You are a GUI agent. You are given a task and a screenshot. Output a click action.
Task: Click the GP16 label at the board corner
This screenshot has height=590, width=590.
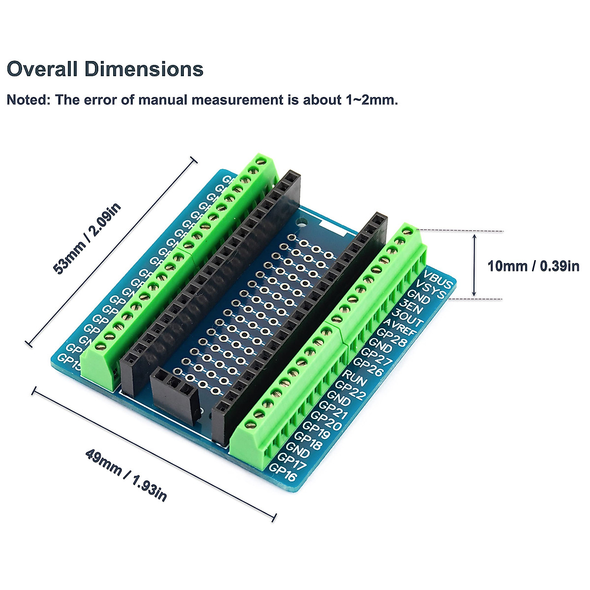pyautogui.click(x=283, y=473)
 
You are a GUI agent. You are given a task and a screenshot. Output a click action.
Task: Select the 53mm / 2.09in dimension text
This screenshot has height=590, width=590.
pyautogui.click(x=87, y=239)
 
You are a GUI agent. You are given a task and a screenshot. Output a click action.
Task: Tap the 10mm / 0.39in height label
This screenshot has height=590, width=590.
pyautogui.click(x=533, y=266)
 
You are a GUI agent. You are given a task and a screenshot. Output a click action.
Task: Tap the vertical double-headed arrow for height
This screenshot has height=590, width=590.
pyautogui.click(x=474, y=265)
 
